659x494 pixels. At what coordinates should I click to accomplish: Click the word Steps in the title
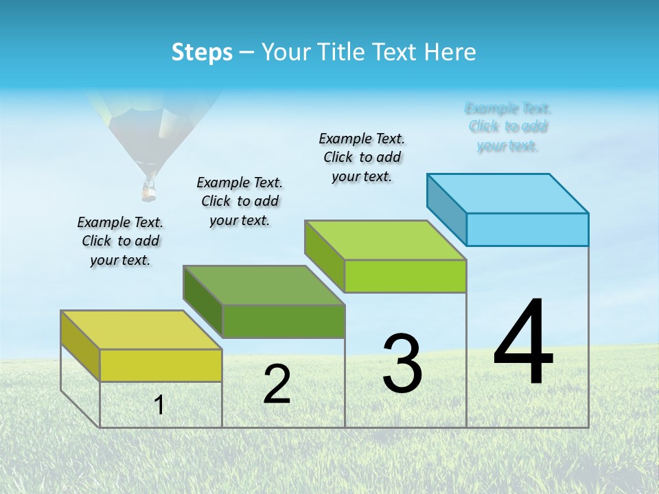pos(202,52)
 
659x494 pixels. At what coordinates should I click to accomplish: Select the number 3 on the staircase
pos(402,364)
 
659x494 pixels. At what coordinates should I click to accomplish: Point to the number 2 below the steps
pos(277,384)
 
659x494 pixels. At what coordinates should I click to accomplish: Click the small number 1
pos(159,405)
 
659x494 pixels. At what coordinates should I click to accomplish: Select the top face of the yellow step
pos(141,330)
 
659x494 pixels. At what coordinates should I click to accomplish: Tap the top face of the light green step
pos(386,240)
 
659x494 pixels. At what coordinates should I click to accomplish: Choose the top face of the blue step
pos(508,193)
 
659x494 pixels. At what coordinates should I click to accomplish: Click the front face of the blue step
pos(527,229)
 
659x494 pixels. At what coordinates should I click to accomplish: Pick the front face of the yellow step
pos(161,365)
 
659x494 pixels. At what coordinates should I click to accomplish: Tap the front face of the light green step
pos(405,276)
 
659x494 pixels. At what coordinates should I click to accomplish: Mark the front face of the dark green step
pos(283,321)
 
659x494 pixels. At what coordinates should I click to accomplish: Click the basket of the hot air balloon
pos(148,191)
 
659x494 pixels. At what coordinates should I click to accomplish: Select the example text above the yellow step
pos(120,241)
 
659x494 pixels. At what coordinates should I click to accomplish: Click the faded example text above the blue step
pos(508,127)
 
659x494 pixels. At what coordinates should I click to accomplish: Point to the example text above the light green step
pos(362,157)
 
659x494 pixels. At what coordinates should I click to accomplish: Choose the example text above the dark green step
pos(240,201)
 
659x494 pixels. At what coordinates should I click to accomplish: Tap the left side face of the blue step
pos(446,209)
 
